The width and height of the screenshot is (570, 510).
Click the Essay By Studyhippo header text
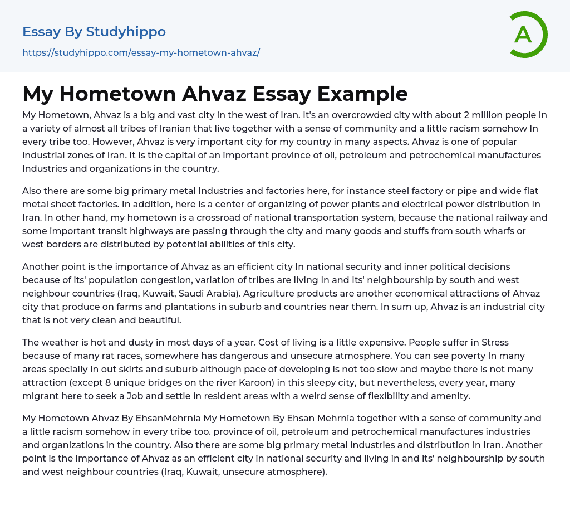(x=94, y=32)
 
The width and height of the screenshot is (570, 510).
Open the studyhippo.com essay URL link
(x=141, y=52)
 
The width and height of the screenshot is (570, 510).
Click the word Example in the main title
(x=362, y=94)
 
